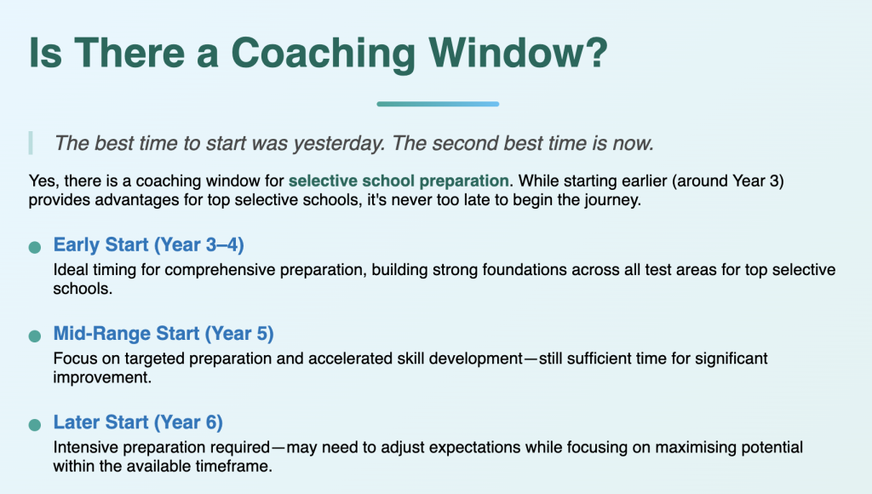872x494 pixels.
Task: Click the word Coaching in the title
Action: (x=323, y=54)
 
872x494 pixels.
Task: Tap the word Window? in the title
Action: (x=519, y=53)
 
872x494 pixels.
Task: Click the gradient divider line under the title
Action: (x=438, y=104)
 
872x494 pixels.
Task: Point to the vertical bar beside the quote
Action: (x=31, y=143)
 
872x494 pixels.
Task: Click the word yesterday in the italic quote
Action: (x=339, y=144)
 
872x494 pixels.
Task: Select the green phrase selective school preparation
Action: (x=399, y=181)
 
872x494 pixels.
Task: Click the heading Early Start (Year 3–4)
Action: (x=148, y=244)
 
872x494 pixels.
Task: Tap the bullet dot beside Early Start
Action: (x=34, y=247)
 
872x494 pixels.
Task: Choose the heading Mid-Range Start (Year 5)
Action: (x=163, y=333)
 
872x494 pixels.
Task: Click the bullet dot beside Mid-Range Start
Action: (x=34, y=336)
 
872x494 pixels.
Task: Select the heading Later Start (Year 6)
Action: (x=138, y=422)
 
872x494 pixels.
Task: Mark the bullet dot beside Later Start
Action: (x=34, y=425)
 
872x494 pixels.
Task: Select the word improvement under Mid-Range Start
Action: (x=102, y=377)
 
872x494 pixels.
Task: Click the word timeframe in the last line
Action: (x=241, y=466)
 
